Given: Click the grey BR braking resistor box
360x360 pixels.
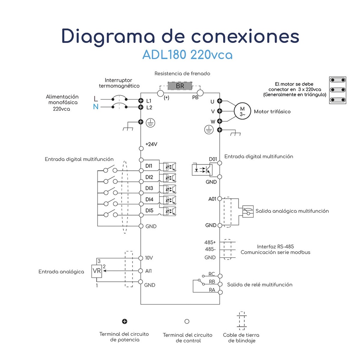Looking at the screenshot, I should [x=180, y=86].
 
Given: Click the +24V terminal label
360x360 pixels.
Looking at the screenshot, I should [x=151, y=144].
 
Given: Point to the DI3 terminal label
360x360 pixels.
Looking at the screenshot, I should [x=149, y=188].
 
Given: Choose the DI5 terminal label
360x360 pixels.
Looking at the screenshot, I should [x=149, y=211].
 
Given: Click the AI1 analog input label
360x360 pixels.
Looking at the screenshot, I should [x=149, y=271].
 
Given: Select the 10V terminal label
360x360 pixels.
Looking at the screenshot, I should [x=149, y=258].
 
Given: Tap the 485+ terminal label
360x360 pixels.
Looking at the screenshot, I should [x=210, y=242].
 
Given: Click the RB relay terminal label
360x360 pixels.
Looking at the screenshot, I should [x=212, y=282].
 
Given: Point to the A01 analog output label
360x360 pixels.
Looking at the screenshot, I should [x=212, y=199].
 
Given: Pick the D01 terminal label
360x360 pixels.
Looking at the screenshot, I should [x=213, y=159].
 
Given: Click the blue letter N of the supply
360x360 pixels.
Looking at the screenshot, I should [x=96, y=107].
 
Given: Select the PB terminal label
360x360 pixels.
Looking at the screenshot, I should [x=195, y=97].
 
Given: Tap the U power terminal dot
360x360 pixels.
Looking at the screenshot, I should [x=220, y=101].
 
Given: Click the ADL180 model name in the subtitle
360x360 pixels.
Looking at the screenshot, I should [x=165, y=55].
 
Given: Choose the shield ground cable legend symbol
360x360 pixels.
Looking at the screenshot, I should [x=241, y=320].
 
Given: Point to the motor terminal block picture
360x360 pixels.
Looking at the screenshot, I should [x=337, y=90].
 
